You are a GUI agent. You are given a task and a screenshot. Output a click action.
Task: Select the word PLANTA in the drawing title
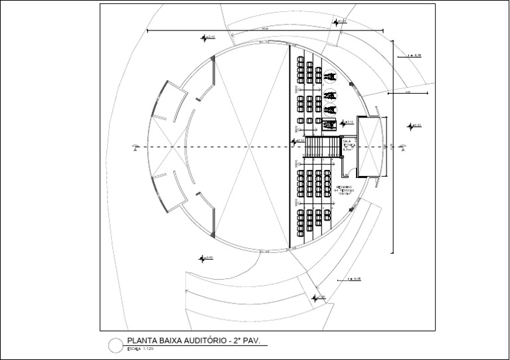[x=140, y=341]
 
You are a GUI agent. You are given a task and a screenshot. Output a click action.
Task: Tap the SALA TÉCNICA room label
[x=347, y=145]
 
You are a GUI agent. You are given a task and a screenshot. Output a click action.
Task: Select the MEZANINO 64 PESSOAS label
[x=345, y=190]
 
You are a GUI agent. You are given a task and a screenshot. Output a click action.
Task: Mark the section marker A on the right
[x=402, y=147]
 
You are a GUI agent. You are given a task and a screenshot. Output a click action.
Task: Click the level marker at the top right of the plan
[x=341, y=22]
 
